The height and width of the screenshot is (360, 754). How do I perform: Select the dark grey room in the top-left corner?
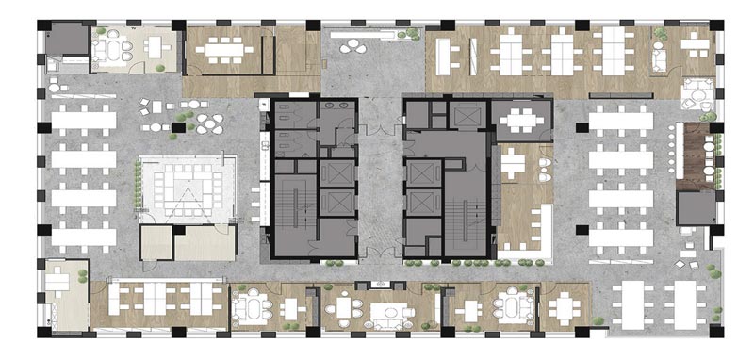click(65, 41)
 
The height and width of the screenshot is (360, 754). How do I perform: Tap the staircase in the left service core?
click(294, 208)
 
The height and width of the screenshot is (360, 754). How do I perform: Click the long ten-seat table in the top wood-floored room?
click(224, 49)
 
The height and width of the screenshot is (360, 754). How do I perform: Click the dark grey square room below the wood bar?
click(696, 206)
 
